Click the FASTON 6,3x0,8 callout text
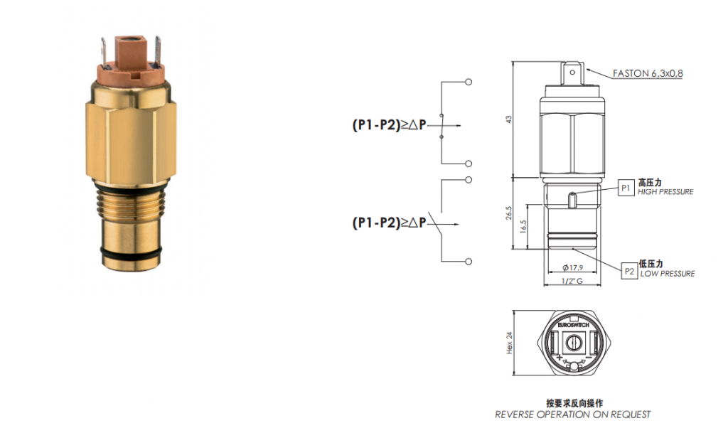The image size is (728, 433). pos(648,73)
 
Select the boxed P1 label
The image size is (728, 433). pos(626,188)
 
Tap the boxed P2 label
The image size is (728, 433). pos(629,271)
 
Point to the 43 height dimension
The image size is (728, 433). pos(509,119)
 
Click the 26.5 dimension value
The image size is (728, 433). pos(509,213)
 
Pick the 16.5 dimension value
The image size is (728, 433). pos(524,227)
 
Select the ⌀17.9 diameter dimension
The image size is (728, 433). pos(572,268)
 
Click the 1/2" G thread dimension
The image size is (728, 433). pos(572,281)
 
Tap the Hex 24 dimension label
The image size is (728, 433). pos(509,343)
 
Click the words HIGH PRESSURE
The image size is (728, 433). pos(665,192)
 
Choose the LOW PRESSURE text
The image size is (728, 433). pos(668,274)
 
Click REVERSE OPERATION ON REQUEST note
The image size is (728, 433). pos(573,415)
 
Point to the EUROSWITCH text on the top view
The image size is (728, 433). pos(574,325)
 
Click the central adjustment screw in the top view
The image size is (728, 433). pos(574,344)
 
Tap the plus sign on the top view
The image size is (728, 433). pos(559,358)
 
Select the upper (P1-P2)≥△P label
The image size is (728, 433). pos(389,125)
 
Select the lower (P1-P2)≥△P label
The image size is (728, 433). pos(389,223)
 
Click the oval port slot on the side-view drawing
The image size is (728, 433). pos(573,200)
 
